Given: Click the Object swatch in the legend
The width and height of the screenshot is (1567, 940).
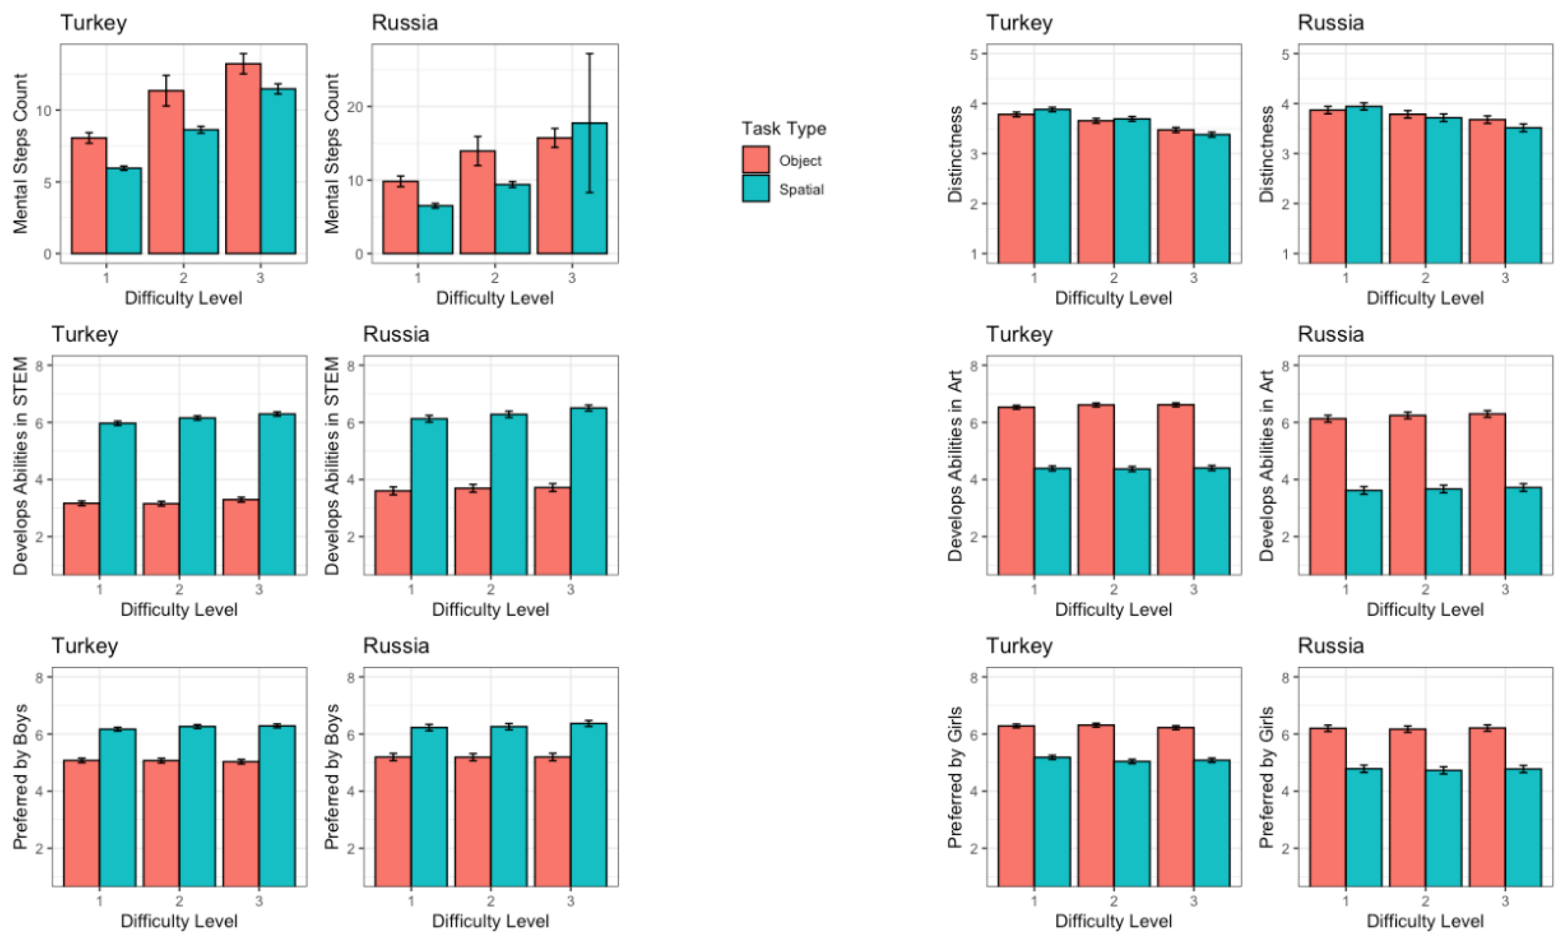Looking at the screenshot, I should point(756,160).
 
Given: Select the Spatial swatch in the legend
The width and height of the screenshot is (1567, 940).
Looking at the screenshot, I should point(756,188).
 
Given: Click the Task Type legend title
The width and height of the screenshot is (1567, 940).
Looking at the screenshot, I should point(784,129).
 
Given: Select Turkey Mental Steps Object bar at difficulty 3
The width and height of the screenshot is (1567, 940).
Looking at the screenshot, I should point(243,158).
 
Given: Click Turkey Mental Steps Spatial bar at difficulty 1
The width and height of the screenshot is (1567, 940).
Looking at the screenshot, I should point(124,211).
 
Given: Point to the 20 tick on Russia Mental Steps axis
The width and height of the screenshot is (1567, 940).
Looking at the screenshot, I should point(359,107).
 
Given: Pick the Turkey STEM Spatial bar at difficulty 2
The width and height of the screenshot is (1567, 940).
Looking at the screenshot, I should point(197,496).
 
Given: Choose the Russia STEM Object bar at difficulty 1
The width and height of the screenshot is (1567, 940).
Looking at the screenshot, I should point(393,532).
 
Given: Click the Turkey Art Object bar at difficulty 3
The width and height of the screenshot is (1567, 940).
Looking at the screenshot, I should point(1176,489).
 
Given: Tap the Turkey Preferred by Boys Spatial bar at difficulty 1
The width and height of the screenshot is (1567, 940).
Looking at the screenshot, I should point(117,808).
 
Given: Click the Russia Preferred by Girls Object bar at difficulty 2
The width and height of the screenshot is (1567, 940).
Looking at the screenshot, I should point(1407,808).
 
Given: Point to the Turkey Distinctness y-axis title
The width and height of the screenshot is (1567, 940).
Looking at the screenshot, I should point(955,154).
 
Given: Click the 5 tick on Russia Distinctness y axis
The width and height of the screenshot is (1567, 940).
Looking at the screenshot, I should point(1286,54).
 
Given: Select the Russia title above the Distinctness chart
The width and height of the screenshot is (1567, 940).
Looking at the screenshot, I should point(1330,23).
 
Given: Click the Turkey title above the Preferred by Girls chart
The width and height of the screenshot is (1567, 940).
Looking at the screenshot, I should point(1019,646).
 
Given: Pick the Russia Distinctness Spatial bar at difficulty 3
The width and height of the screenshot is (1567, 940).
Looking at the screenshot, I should point(1523,195).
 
